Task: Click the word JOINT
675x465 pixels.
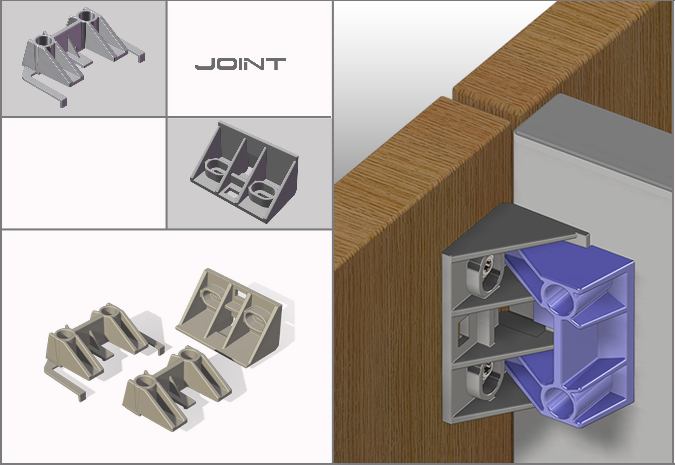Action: click(x=240, y=64)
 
